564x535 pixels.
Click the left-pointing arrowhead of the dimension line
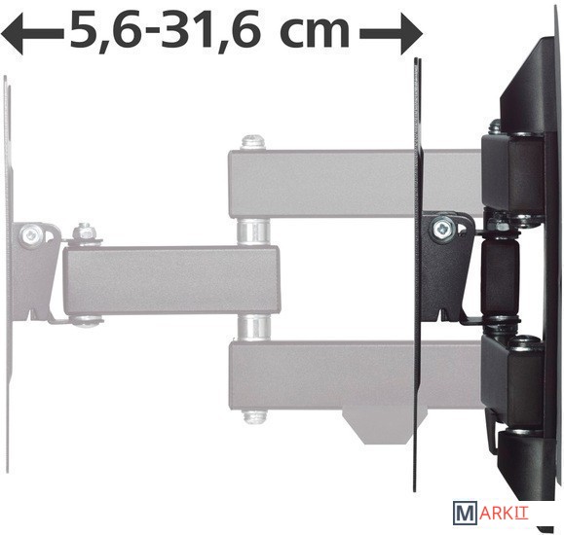[x=13, y=34]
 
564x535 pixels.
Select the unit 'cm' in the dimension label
[x=314, y=32]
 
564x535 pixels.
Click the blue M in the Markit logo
[x=465, y=514]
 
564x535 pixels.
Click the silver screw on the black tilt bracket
[x=443, y=228]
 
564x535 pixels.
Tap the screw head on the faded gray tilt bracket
[x=30, y=233]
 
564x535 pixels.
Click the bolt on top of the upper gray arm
[x=253, y=143]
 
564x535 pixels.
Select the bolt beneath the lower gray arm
[x=254, y=416]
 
